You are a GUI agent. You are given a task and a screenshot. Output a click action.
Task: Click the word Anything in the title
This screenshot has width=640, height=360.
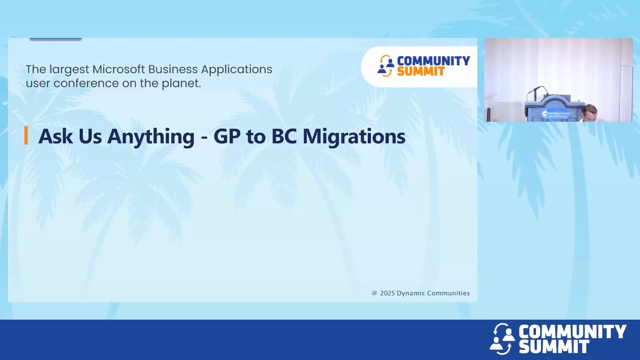point(151,137)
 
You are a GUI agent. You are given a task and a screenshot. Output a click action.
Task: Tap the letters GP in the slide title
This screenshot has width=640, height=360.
point(227,137)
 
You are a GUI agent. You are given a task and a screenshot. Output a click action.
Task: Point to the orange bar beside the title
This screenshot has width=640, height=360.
point(26,136)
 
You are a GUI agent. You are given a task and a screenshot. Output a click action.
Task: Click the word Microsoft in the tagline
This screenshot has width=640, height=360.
point(119,69)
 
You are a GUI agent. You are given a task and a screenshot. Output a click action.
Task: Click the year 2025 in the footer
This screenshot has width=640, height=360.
point(387,293)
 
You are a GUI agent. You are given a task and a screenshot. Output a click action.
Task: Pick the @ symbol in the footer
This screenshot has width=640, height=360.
point(375,293)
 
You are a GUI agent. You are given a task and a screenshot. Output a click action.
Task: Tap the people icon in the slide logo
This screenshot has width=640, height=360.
point(386,66)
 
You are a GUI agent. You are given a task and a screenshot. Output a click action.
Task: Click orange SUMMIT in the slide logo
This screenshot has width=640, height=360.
point(421,71)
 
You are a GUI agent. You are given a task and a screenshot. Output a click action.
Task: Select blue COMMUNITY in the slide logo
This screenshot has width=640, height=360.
point(433,61)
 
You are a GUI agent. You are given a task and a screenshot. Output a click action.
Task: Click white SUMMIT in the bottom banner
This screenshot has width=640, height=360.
point(554,347)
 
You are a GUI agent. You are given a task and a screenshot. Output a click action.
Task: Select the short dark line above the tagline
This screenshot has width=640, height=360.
point(56,39)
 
